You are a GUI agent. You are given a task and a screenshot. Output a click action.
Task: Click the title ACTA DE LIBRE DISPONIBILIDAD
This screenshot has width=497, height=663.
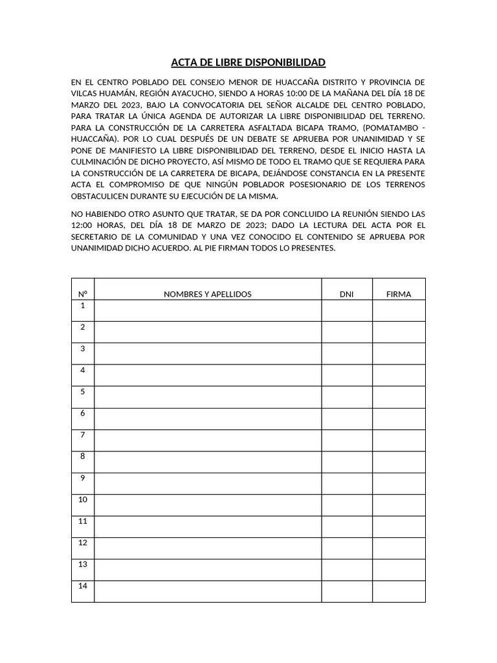click(248, 63)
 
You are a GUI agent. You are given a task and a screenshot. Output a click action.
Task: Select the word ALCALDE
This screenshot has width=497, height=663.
click(309, 104)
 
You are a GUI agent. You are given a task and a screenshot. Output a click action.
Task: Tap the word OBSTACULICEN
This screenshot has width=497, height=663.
click(102, 196)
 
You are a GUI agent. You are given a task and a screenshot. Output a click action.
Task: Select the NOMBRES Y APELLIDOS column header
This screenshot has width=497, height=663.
click(208, 294)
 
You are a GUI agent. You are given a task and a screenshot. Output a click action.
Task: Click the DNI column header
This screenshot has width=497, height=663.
click(347, 294)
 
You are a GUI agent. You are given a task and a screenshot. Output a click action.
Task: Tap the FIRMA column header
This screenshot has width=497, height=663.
click(399, 294)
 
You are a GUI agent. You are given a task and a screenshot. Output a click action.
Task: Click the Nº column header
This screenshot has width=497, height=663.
click(83, 294)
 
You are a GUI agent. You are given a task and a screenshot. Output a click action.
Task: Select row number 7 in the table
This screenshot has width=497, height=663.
click(83, 435)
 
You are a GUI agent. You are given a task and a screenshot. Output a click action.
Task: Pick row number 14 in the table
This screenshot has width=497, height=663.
click(83, 586)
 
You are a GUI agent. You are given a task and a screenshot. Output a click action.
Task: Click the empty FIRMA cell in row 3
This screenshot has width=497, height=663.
click(399, 354)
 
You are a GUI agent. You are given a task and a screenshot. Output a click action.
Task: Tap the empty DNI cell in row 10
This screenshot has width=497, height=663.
click(347, 505)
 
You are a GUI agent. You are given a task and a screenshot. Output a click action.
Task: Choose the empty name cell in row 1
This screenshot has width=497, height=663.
click(208, 311)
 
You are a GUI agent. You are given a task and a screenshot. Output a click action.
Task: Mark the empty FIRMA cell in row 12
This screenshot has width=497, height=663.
click(399, 548)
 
